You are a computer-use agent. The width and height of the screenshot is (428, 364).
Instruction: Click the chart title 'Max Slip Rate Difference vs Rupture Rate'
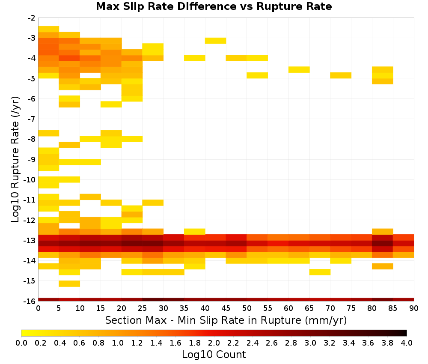pyautogui.click(x=214, y=6)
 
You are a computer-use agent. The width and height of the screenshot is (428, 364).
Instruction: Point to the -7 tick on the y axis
pyautogui.click(x=32, y=119)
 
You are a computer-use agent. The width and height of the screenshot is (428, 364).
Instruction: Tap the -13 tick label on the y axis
pyautogui.click(x=30, y=241)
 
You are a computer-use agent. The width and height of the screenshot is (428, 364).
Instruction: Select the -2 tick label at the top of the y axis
pyautogui.click(x=32, y=18)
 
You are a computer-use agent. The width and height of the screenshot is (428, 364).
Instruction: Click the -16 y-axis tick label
pyautogui.click(x=30, y=301)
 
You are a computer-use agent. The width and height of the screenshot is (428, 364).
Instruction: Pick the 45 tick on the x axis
pyautogui.click(x=226, y=309)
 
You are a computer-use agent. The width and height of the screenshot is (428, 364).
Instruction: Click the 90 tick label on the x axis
pyautogui.click(x=414, y=309)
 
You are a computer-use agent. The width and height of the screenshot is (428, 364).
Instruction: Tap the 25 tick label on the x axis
pyautogui.click(x=142, y=309)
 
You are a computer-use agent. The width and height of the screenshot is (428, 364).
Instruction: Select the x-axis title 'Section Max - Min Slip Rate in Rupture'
pyautogui.click(x=203, y=320)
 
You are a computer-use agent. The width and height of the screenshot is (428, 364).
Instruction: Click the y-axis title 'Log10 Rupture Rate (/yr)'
pyautogui.click(x=15, y=159)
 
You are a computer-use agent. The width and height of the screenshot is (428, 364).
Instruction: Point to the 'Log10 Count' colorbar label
pyautogui.click(x=214, y=355)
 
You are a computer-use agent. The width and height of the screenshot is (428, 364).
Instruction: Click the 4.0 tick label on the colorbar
pyautogui.click(x=407, y=343)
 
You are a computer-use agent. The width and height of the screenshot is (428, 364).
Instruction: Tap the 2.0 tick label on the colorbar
pyautogui.click(x=214, y=343)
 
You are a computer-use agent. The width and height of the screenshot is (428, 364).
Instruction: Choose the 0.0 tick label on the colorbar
pyautogui.click(x=21, y=343)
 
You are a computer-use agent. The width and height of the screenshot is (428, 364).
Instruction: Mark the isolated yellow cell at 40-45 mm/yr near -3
pyautogui.click(x=215, y=41)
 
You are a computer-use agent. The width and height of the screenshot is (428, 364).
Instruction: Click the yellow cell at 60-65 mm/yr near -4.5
pyautogui.click(x=299, y=70)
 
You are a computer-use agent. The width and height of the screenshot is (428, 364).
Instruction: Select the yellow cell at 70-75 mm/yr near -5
pyautogui.click(x=341, y=75)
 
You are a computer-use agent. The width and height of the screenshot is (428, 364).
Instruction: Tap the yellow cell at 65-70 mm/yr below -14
pyautogui.click(x=320, y=272)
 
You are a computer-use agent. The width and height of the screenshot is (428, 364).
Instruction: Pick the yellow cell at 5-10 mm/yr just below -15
pyautogui.click(x=69, y=284)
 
